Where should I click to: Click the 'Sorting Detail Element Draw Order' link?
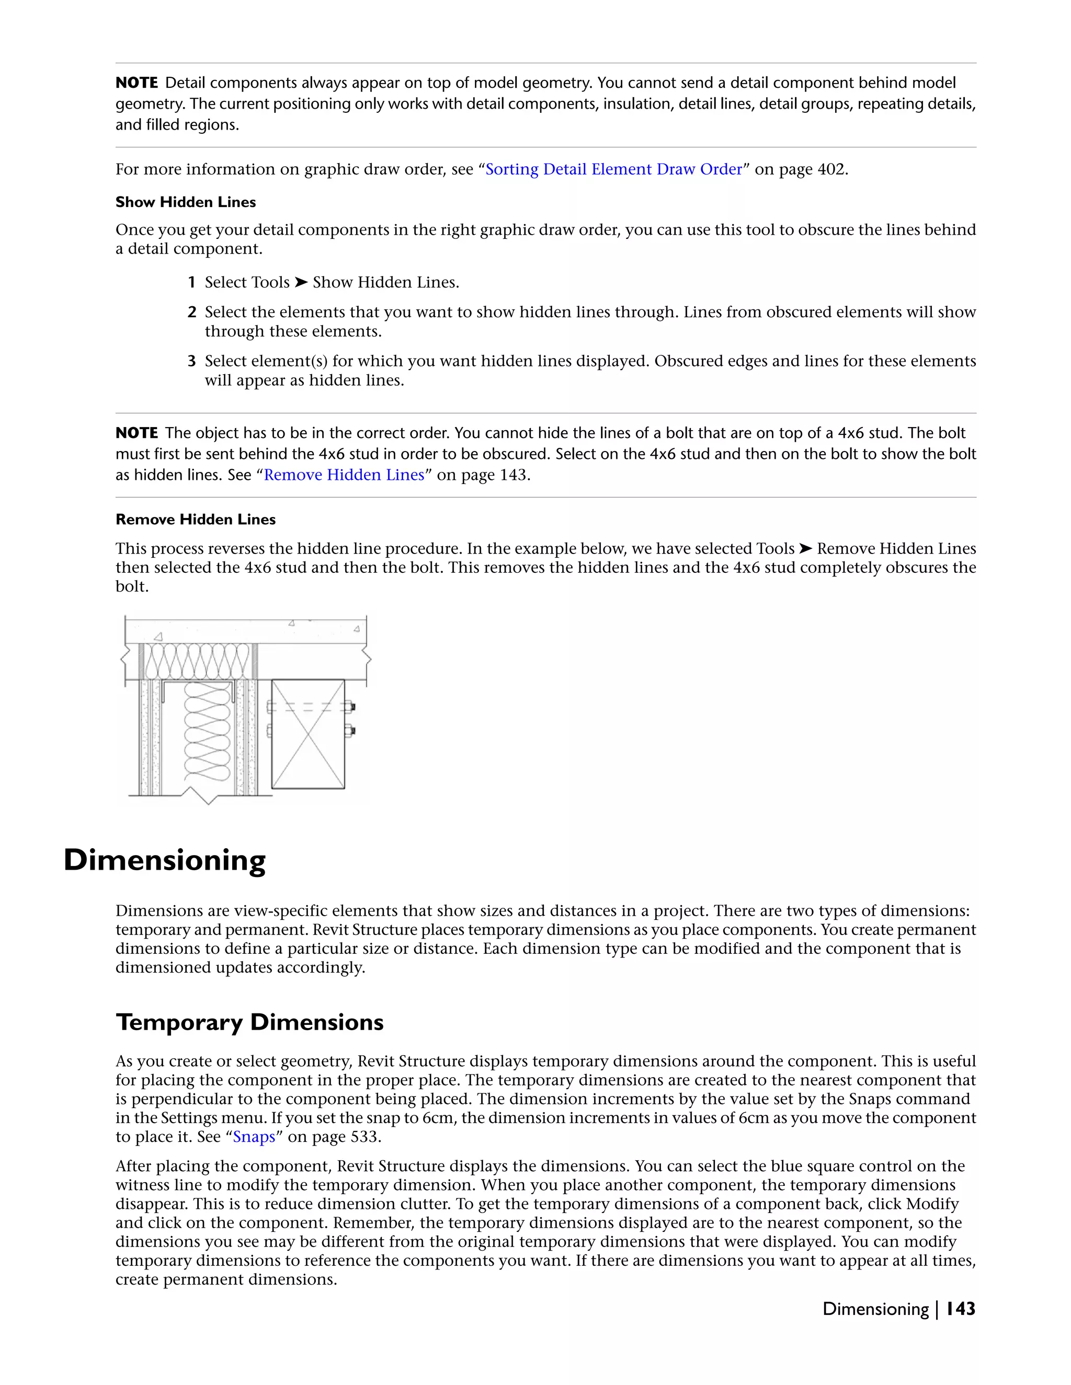click(x=613, y=169)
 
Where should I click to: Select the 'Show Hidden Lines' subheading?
click(x=185, y=202)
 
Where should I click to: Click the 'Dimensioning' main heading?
click(x=164, y=861)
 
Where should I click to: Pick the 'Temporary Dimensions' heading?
click(x=249, y=1022)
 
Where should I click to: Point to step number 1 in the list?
click(x=191, y=282)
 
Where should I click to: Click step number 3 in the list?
click(x=191, y=362)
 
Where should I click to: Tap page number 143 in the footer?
click(x=960, y=1309)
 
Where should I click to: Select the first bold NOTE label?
click(x=136, y=83)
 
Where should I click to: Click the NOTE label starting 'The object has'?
click(x=136, y=433)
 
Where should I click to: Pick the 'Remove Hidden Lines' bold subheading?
click(x=196, y=520)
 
